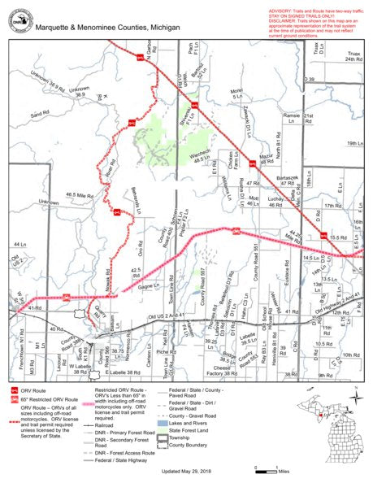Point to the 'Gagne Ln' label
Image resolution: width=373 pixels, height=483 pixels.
pyautogui.click(x=149, y=286)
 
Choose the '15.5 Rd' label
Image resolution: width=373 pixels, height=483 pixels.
pyautogui.click(x=339, y=236)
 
